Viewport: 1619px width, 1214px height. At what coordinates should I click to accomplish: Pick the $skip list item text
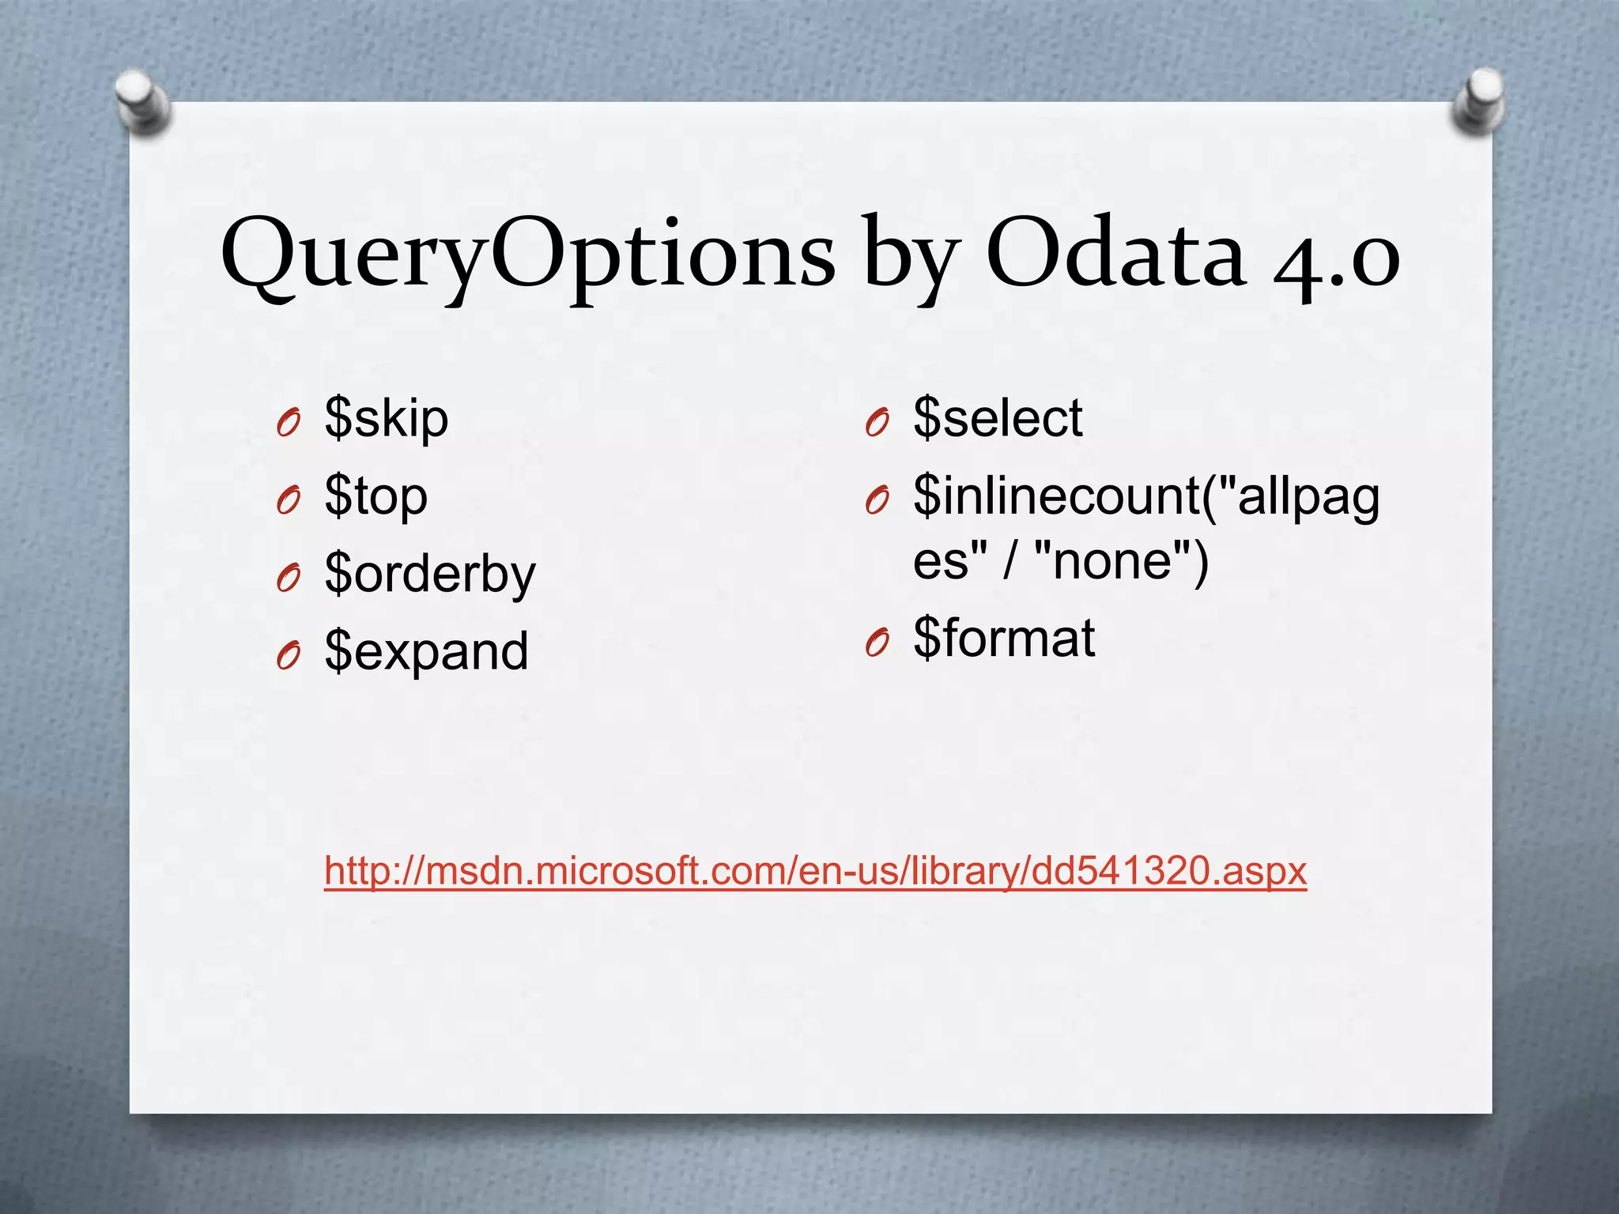(x=387, y=418)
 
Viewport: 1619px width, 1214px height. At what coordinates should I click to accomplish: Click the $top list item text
(x=376, y=496)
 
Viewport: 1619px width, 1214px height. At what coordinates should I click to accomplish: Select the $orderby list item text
(x=430, y=574)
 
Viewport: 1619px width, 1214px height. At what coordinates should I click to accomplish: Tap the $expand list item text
(x=426, y=652)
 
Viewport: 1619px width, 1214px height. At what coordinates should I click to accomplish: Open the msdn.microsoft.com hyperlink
(x=815, y=871)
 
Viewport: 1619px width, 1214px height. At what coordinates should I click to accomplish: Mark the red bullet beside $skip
(x=289, y=424)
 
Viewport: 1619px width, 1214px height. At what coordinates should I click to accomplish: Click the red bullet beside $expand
(x=289, y=656)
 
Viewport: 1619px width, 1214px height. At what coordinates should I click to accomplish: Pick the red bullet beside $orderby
(x=289, y=579)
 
